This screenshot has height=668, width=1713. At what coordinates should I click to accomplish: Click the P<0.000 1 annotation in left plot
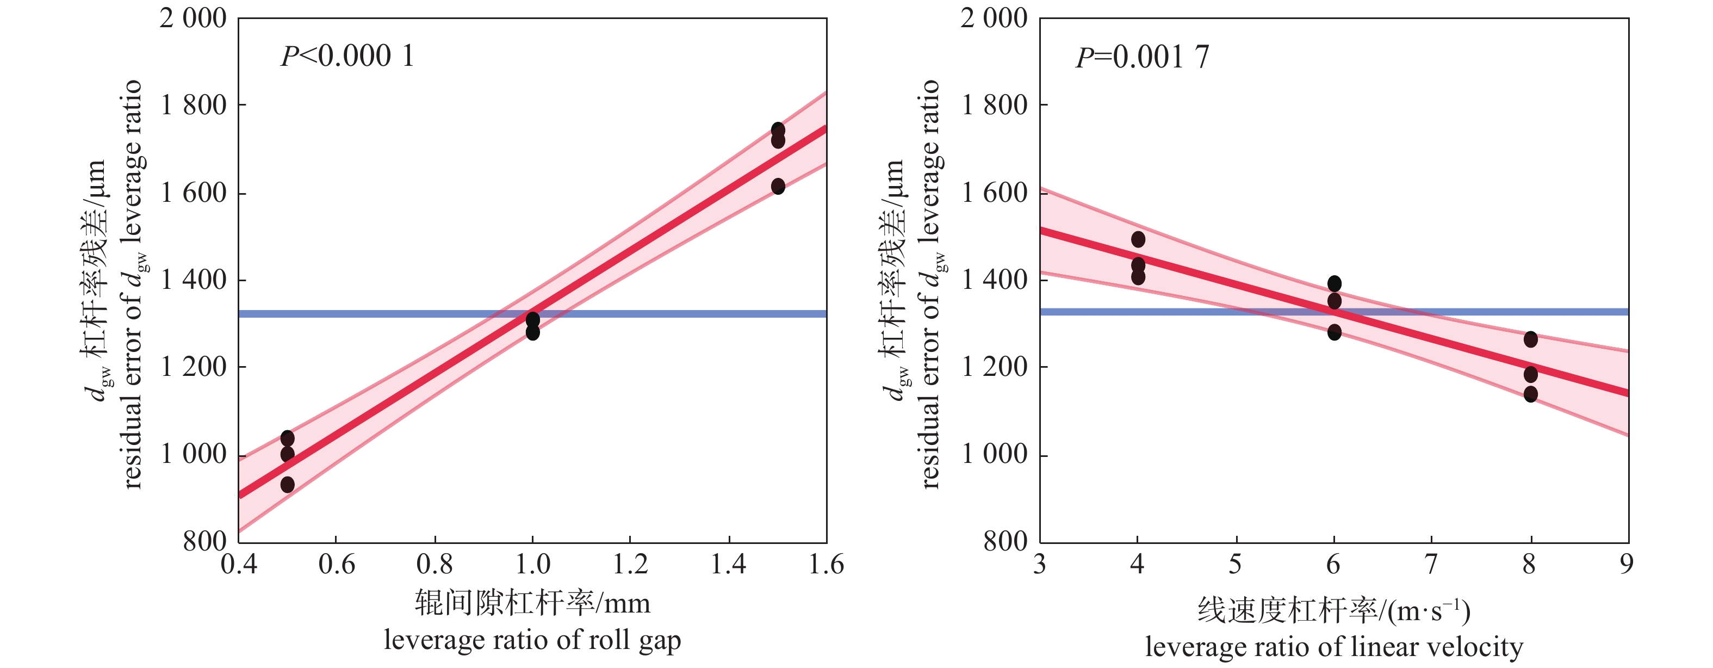point(347,56)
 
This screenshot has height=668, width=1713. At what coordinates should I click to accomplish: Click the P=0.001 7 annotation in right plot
point(1143,57)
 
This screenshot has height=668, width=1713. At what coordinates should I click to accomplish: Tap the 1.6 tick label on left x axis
point(826,564)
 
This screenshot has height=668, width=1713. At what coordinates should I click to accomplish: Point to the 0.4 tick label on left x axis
point(239,564)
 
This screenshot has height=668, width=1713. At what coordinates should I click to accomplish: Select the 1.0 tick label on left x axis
point(532,564)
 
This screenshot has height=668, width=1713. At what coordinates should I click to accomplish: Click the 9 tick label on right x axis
point(1627,564)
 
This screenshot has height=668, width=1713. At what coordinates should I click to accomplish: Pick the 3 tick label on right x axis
point(1040,564)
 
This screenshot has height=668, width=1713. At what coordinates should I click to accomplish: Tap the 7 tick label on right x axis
point(1431,564)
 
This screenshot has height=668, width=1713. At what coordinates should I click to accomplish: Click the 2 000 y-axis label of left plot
point(193,18)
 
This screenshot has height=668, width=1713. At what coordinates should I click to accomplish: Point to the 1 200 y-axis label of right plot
point(994,367)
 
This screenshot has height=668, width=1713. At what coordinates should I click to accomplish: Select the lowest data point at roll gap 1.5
point(778,186)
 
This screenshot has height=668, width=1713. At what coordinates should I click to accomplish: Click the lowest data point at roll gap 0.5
point(287,484)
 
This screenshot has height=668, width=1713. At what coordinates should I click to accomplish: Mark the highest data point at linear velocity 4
point(1138,239)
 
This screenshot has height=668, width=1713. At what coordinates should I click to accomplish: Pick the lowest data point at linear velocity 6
point(1334,332)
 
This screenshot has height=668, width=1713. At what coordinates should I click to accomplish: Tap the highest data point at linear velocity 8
point(1530,339)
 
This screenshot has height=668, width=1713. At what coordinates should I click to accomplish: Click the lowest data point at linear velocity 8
point(1530,394)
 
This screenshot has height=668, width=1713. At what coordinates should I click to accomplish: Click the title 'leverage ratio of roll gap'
point(532,640)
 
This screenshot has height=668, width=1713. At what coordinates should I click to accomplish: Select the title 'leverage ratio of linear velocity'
point(1334,647)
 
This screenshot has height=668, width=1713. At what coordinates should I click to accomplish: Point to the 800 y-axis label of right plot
point(1006,542)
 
